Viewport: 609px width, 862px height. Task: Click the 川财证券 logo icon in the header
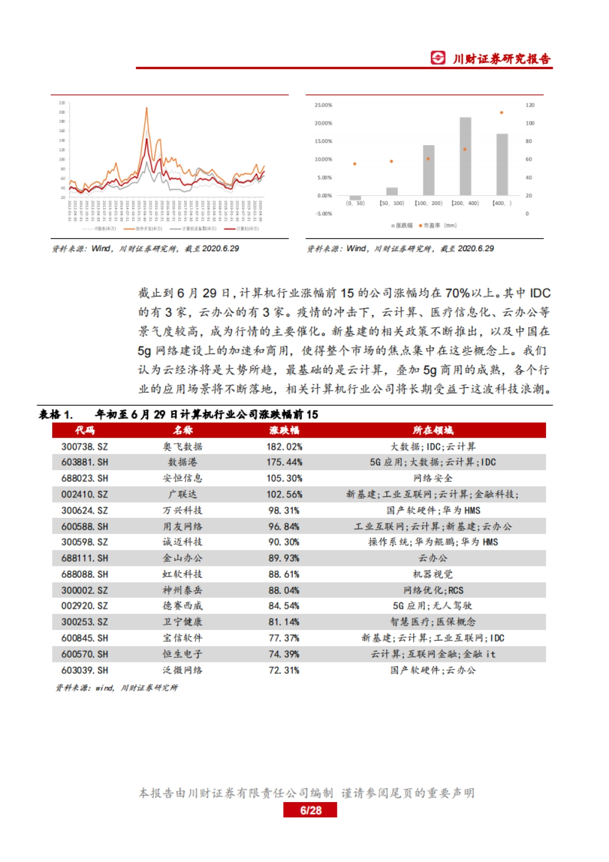pos(437,58)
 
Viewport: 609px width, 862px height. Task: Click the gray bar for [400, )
pos(502,164)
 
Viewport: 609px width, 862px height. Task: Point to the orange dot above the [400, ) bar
pos(501,113)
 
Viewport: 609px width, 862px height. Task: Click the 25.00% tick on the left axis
pos(323,105)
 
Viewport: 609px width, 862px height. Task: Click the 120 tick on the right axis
pos(530,105)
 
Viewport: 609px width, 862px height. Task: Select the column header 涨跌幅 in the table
pos(284,430)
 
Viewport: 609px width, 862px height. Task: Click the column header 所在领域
pos(433,430)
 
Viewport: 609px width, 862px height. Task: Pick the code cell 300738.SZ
pos(85,447)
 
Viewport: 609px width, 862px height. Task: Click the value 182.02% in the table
pos(284,447)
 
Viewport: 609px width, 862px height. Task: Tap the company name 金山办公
pos(182,558)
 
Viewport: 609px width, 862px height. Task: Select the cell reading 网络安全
pos(433,478)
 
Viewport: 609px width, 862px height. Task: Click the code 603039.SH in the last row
pos(85,670)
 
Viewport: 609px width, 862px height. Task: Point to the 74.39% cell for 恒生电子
pos(284,654)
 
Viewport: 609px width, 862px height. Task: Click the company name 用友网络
pos(182,526)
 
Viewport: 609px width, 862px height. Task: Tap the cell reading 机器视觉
pos(433,574)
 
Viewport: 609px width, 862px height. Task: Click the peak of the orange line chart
pos(147,108)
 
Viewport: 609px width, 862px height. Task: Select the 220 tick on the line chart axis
pos(62,103)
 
